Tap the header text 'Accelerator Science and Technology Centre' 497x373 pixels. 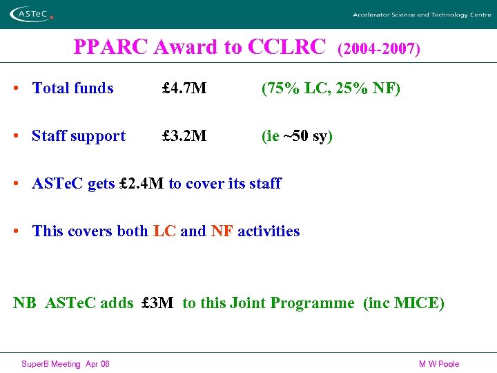(x=422, y=15)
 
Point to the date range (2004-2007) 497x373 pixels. (x=378, y=49)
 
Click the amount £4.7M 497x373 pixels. (x=184, y=88)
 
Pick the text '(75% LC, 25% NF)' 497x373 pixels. (x=331, y=88)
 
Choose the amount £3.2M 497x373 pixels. (x=184, y=136)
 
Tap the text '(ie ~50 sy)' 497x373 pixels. (x=297, y=136)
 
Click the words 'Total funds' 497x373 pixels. (x=72, y=88)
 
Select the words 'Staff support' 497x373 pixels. (x=79, y=136)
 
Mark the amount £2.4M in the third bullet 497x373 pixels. (x=142, y=184)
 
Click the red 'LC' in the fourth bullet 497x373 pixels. (x=164, y=231)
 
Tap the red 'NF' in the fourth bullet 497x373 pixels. (x=222, y=231)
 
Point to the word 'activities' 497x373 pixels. (x=269, y=231)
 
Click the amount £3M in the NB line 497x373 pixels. (x=157, y=303)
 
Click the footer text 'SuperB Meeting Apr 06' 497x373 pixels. (x=66, y=364)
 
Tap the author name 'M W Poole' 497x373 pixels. (x=438, y=364)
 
